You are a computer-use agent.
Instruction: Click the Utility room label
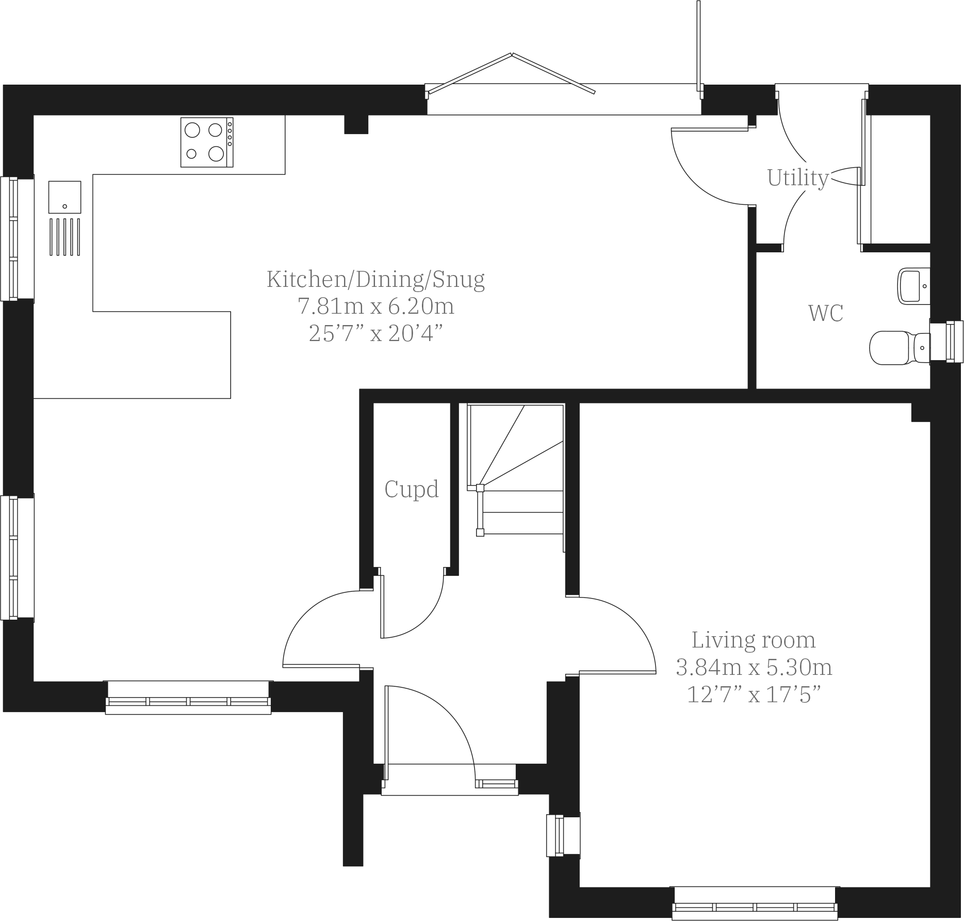pos(797,178)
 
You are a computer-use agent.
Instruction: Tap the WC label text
pos(825,313)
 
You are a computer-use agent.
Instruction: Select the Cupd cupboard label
pos(412,489)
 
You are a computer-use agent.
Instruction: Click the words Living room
pos(754,640)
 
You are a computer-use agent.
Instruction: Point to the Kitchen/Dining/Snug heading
pos(375,279)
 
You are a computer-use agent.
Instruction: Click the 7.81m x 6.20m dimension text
pos(375,306)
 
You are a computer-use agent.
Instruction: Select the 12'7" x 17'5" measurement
pos(754,695)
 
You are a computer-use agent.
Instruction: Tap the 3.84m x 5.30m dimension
pos(754,668)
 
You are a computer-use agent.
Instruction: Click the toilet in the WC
pos(897,348)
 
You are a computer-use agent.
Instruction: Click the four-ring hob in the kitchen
pos(206,142)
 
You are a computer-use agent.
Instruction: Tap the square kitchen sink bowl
pos(65,197)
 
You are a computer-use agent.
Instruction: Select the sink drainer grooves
pos(65,237)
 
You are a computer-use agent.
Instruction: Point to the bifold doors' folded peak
pos(511,54)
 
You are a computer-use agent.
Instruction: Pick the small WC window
pos(947,341)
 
